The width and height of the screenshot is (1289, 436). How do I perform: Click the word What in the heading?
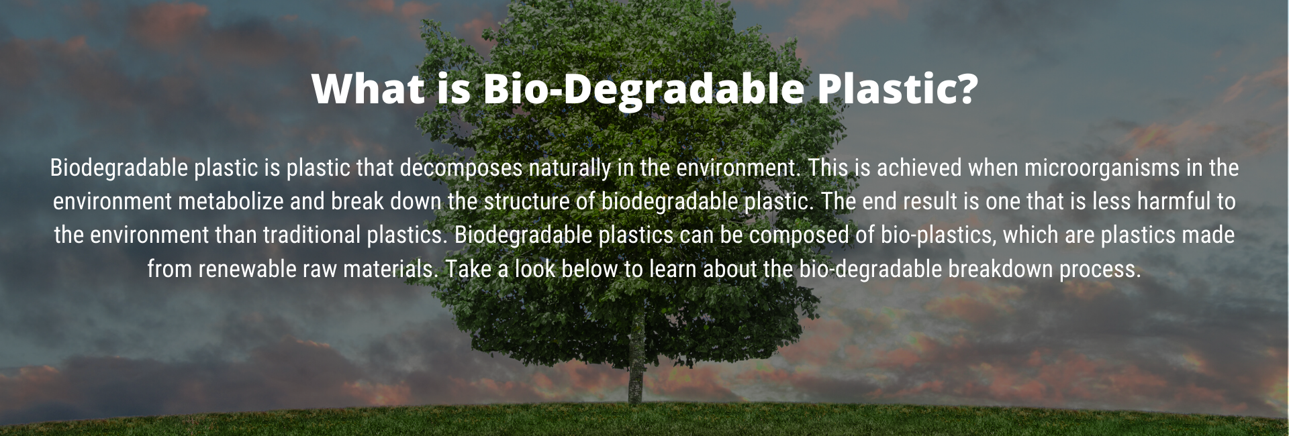(369, 89)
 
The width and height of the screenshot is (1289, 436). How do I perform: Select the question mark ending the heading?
(967, 88)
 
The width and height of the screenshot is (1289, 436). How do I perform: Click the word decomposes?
(461, 168)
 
